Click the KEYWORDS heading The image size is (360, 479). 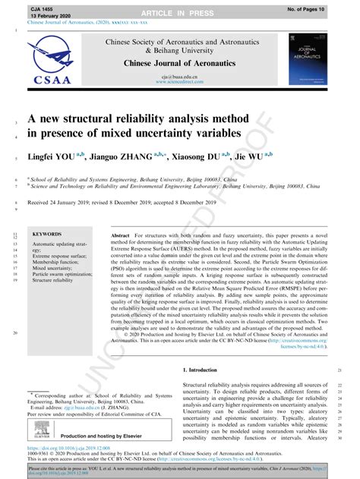pyautogui.click(x=47, y=235)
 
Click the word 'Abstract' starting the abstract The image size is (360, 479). pyautogui.click(x=122, y=236)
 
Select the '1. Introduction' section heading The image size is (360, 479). pyautogui.click(x=200, y=369)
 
